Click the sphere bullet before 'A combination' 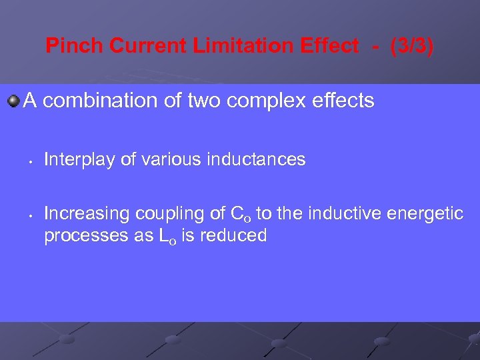click(13, 101)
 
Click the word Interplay click(71, 159)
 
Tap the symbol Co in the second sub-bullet click(241, 214)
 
